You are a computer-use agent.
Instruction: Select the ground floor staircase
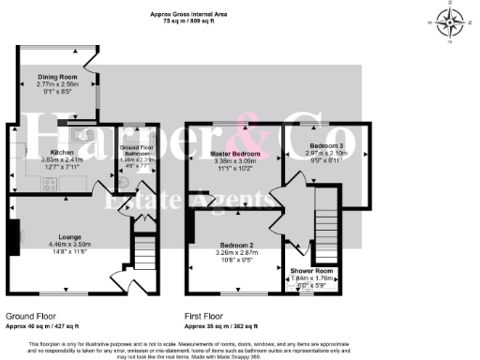(x=144, y=251)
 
